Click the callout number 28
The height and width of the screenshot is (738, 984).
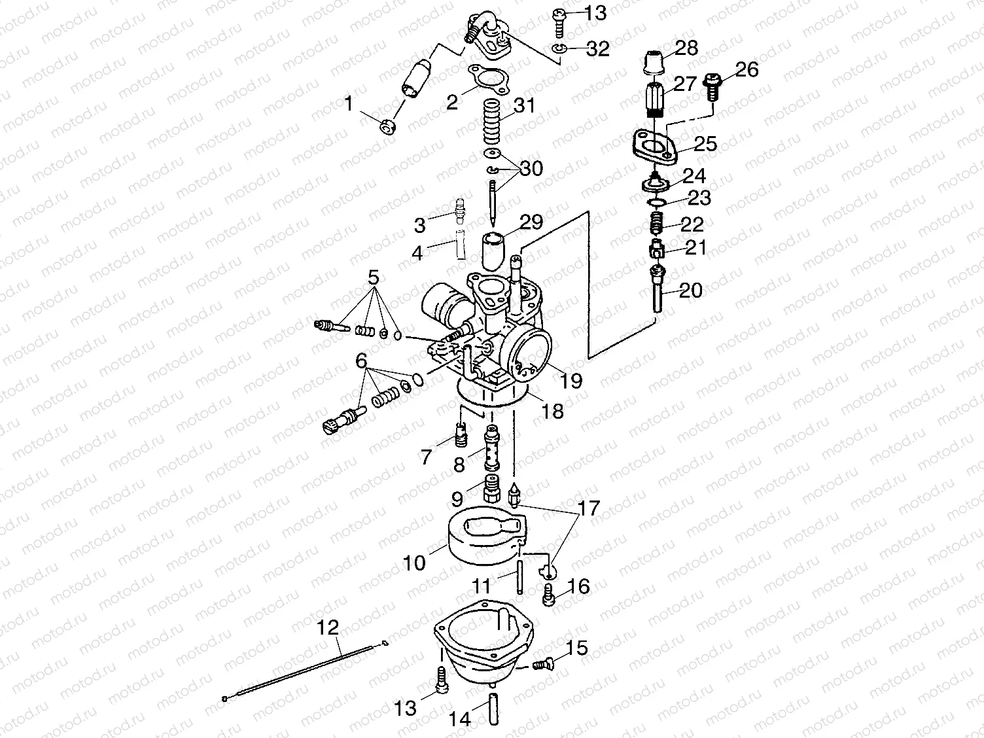coord(686,48)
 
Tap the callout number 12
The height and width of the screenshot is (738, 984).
coord(328,628)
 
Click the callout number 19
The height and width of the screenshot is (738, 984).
coord(571,380)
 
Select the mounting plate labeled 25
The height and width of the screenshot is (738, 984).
coord(656,145)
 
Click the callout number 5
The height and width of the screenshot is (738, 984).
coord(374,277)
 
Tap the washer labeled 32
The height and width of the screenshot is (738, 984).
coord(559,49)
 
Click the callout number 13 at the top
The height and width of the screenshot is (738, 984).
coord(595,12)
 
